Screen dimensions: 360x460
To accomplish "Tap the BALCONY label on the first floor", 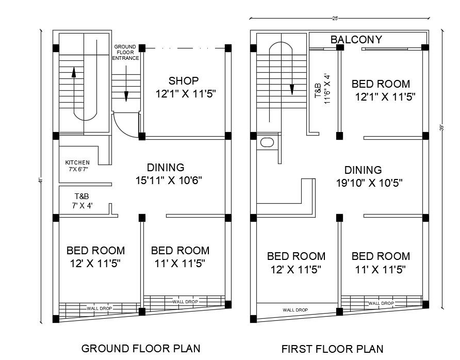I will coord(356,40).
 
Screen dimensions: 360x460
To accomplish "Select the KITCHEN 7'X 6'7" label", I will coord(77,166).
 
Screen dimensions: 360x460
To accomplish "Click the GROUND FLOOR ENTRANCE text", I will coord(125,52).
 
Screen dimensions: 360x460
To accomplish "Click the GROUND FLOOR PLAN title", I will coord(141,348).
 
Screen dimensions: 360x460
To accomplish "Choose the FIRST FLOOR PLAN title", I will coord(332,348).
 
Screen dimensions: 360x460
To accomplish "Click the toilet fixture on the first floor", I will coord(267,143).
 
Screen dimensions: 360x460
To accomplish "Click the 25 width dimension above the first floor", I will coord(335,19).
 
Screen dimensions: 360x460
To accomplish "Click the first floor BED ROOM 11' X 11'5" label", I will coord(381,263).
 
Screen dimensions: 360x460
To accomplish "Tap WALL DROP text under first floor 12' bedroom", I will coord(295,310).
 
